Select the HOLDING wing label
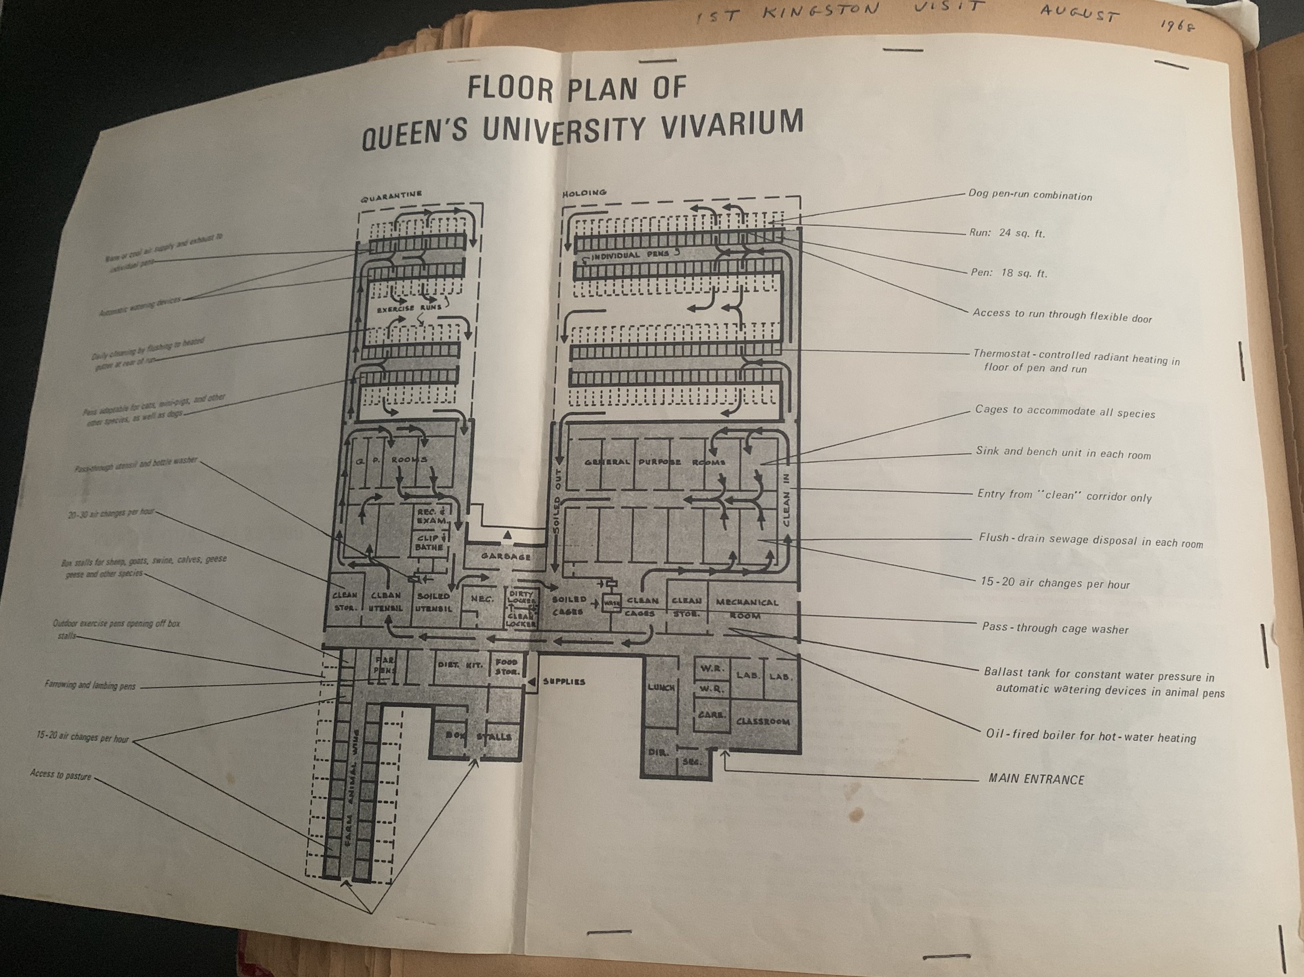[584, 193]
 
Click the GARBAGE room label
[505, 556]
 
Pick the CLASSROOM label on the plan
[763, 721]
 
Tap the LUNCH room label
[661, 688]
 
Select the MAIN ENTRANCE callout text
[1036, 779]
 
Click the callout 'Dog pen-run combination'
[1030, 195]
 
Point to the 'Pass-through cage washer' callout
[1055, 628]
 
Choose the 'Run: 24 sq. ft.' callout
[1006, 233]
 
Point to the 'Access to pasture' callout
[61, 775]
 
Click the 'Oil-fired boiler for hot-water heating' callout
[1090, 736]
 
